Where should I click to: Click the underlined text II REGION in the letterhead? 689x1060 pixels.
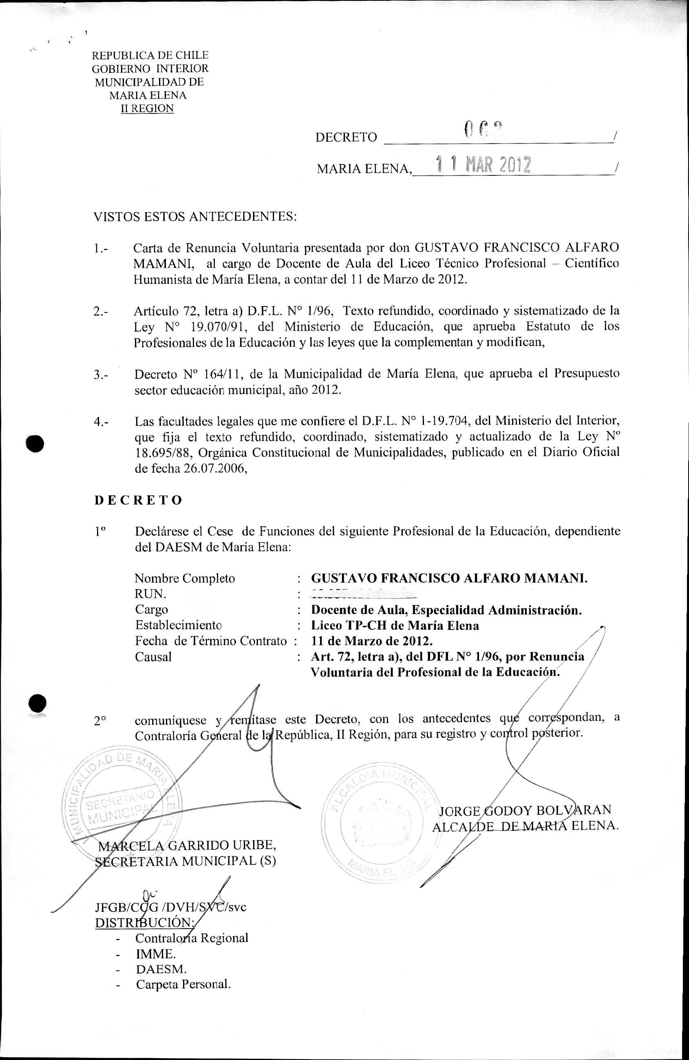(147, 109)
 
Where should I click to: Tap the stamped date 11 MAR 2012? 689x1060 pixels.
(484, 165)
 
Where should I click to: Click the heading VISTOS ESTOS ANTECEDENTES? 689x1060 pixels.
(194, 217)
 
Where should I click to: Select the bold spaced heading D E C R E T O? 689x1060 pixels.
(139, 500)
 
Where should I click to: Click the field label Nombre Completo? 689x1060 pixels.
(185, 579)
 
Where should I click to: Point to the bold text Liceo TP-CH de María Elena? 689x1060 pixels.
(395, 626)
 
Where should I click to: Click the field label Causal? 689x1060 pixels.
(153, 657)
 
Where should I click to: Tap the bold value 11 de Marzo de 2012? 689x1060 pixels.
(372, 641)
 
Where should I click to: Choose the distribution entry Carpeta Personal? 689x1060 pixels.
(183, 984)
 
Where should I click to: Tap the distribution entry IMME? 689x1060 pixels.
(156, 954)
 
